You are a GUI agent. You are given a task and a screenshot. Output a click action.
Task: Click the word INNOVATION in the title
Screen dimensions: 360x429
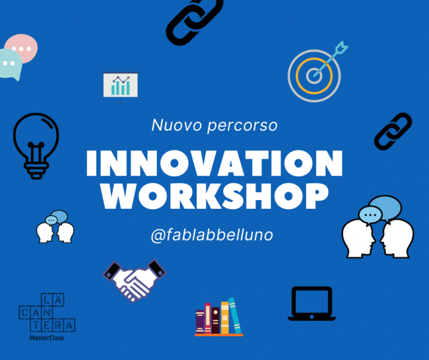click(x=214, y=162)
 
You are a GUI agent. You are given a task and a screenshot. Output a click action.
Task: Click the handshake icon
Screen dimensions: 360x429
click(x=134, y=280)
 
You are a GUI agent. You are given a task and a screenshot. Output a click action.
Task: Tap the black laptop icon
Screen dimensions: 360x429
click(x=312, y=303)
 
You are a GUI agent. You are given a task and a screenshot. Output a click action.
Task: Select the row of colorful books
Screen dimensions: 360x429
click(x=218, y=318)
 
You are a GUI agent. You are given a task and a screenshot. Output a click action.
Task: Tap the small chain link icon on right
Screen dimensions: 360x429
click(x=393, y=131)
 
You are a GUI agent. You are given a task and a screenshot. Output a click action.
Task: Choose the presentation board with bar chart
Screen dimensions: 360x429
click(x=120, y=86)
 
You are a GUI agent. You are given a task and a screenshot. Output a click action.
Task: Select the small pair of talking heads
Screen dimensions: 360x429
click(x=55, y=227)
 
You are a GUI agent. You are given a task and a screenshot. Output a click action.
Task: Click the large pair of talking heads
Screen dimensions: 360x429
click(x=378, y=228)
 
